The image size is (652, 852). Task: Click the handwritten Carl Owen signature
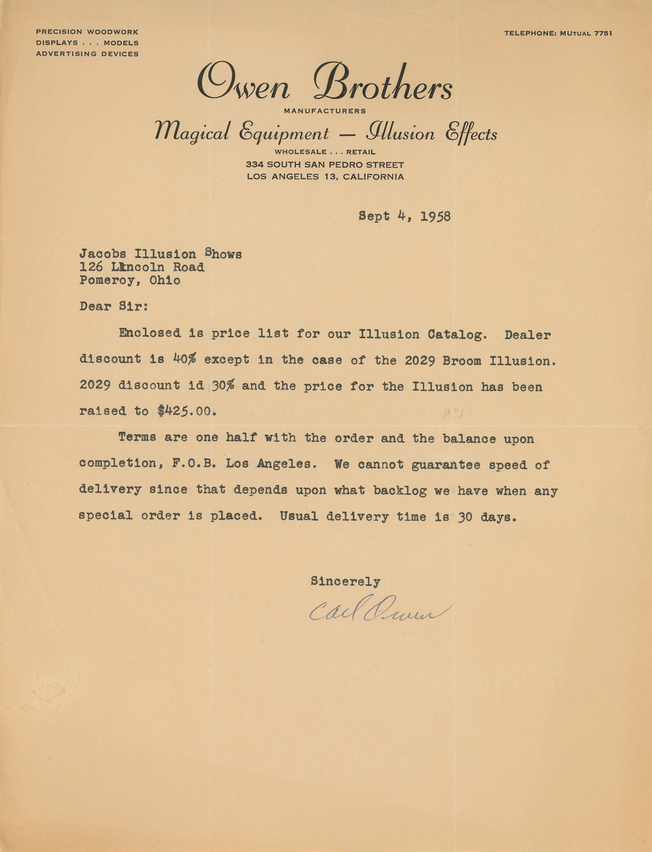coord(378,609)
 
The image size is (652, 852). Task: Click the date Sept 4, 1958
coord(404,216)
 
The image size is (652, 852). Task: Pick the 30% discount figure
coord(222,386)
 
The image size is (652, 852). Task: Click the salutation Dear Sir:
coord(114,306)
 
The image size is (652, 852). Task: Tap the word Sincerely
coord(345,581)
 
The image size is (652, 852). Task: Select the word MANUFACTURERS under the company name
coord(325,111)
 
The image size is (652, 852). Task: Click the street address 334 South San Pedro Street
coord(325,165)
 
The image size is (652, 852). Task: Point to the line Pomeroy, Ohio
coord(130,280)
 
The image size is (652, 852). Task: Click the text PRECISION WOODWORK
coord(87,32)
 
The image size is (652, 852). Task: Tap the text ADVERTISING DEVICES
coord(87,54)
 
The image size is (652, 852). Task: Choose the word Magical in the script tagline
coord(192,132)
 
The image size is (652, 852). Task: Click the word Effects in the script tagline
coord(471,133)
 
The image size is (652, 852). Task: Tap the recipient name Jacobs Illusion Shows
coord(160,254)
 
